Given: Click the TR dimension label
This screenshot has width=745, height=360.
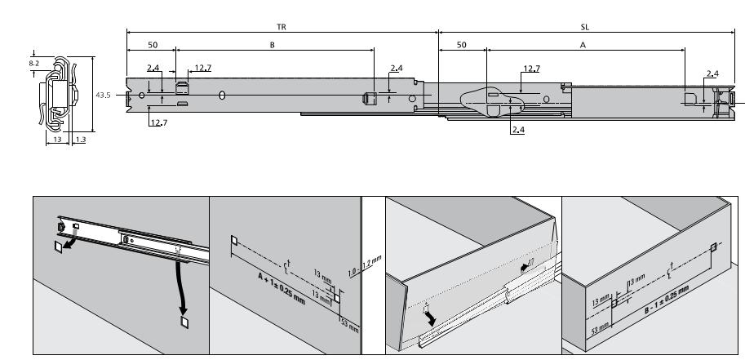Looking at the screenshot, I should tap(282, 27).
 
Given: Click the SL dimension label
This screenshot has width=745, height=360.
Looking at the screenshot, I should tap(584, 27).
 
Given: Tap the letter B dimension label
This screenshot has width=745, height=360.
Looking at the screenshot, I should tap(273, 46).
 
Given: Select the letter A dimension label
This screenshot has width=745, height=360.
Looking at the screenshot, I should tap(583, 46).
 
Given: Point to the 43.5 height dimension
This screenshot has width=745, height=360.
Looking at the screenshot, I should tap(103, 96).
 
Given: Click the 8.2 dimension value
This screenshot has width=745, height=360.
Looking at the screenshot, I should tap(32, 62).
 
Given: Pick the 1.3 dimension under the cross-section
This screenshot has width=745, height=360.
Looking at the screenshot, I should tap(80, 140).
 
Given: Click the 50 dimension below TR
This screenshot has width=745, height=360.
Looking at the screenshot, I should tap(152, 46).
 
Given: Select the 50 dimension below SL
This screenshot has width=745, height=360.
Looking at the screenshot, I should tap(462, 46).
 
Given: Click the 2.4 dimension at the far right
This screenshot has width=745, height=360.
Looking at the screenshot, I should tap(712, 74).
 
